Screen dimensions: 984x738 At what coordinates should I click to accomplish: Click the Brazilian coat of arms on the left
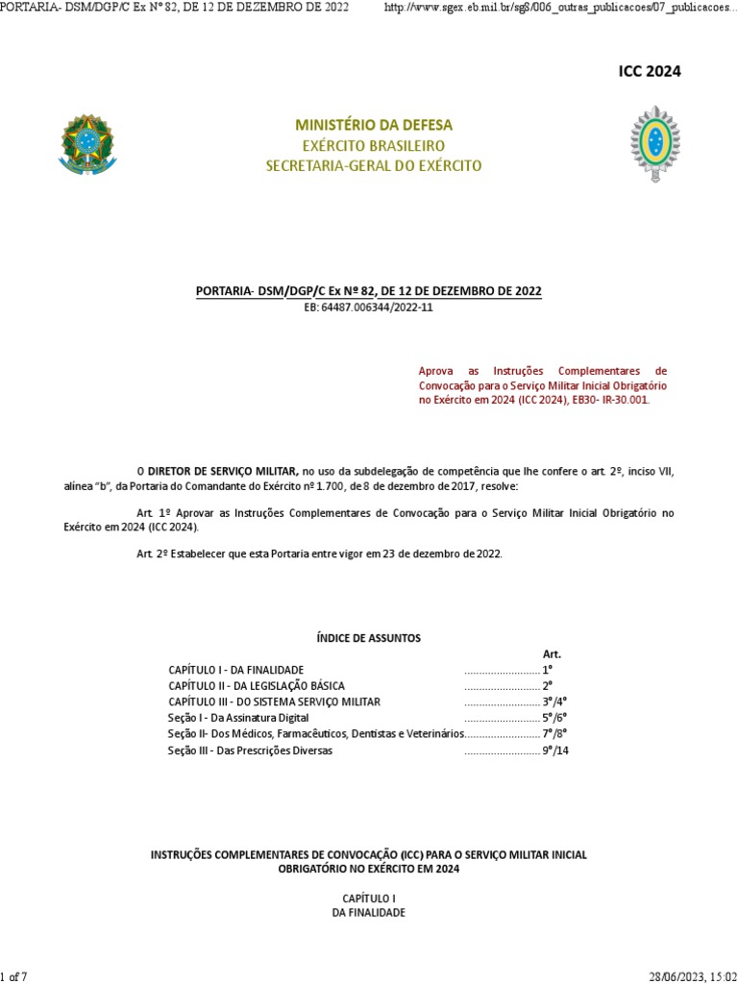86,144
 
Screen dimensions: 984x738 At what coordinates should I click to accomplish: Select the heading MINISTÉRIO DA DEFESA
374,125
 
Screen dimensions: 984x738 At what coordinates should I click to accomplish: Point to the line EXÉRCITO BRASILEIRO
374,145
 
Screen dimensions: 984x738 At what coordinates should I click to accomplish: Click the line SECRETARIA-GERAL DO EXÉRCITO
374,166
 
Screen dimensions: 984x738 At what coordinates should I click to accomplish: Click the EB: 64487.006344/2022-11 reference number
369,307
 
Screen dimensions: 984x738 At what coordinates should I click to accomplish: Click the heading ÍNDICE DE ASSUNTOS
368,638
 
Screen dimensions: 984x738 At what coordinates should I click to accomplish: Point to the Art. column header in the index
552,653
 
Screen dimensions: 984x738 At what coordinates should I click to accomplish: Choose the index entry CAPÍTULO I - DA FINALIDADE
236,670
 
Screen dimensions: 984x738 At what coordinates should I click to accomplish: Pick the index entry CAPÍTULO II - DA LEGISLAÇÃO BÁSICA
257,686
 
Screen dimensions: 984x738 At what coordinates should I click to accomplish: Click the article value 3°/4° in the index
555,702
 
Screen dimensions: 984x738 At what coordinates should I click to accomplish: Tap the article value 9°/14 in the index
556,751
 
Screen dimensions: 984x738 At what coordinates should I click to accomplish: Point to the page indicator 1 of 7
13,977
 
